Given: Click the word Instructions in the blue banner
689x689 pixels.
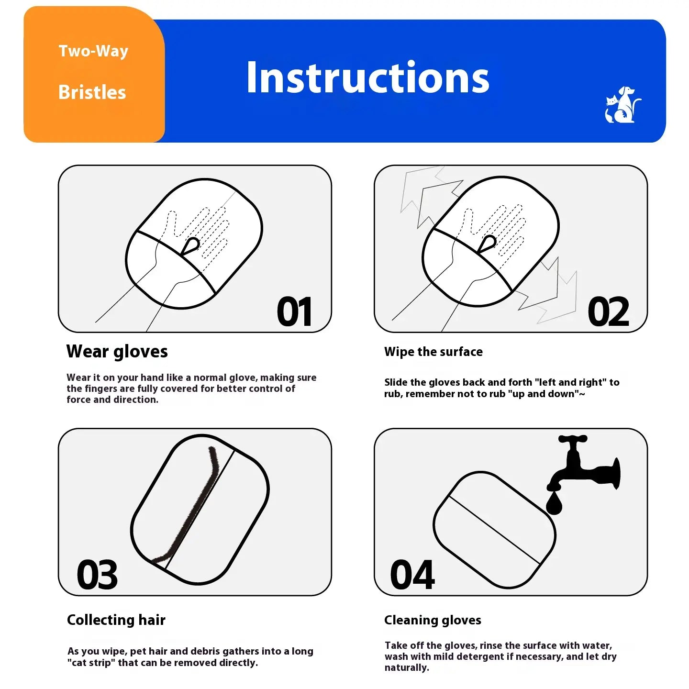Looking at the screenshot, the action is pos(367,77).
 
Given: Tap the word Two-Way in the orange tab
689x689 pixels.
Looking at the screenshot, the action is pos(93,51).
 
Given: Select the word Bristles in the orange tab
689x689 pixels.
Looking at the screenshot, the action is pos(92,92).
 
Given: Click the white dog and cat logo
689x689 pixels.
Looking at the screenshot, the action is pos(622,104).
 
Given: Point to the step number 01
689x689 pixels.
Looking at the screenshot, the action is pos(294,311).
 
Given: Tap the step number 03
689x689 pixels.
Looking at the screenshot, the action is pos(97,575).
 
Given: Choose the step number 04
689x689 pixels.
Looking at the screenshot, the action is pos(412,575).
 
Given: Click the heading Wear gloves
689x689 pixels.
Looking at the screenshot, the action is pos(117,352).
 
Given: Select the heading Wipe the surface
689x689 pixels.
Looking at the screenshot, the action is pos(433,352).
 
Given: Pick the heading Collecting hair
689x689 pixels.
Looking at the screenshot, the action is pos(116,620).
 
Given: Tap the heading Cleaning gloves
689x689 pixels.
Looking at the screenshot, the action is pos(433,620).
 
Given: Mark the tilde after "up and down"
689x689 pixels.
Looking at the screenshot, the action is pos(582,394).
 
